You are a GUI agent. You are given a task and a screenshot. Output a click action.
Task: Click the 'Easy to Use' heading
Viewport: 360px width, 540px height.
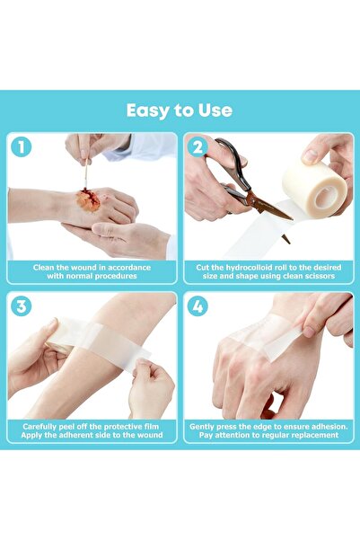pos(180,111)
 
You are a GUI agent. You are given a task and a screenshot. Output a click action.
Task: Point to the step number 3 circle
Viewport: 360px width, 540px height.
pos(21,305)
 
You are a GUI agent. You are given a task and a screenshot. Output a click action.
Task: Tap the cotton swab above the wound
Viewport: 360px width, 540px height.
pos(84,171)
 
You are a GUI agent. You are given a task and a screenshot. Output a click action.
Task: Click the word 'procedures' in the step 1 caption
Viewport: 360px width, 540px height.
pos(119,277)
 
